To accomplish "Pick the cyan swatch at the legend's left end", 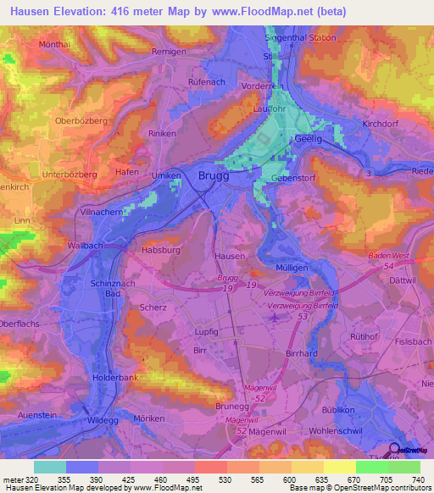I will tap(49, 467).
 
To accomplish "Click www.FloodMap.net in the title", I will tap(271, 9).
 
